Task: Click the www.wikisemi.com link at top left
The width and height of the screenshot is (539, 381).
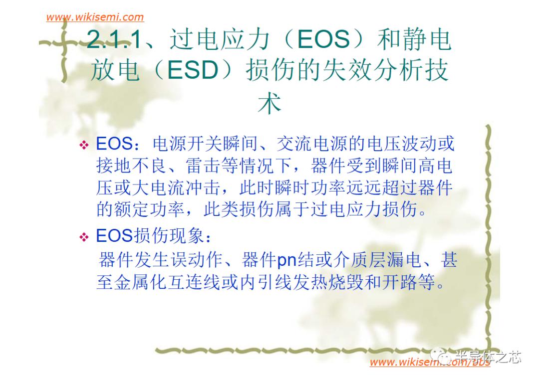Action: click(x=95, y=17)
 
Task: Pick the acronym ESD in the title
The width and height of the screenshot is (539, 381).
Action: click(x=192, y=72)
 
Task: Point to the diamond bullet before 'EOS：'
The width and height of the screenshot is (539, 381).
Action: click(x=83, y=146)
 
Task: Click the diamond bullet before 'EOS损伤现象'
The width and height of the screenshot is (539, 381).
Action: click(x=83, y=238)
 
